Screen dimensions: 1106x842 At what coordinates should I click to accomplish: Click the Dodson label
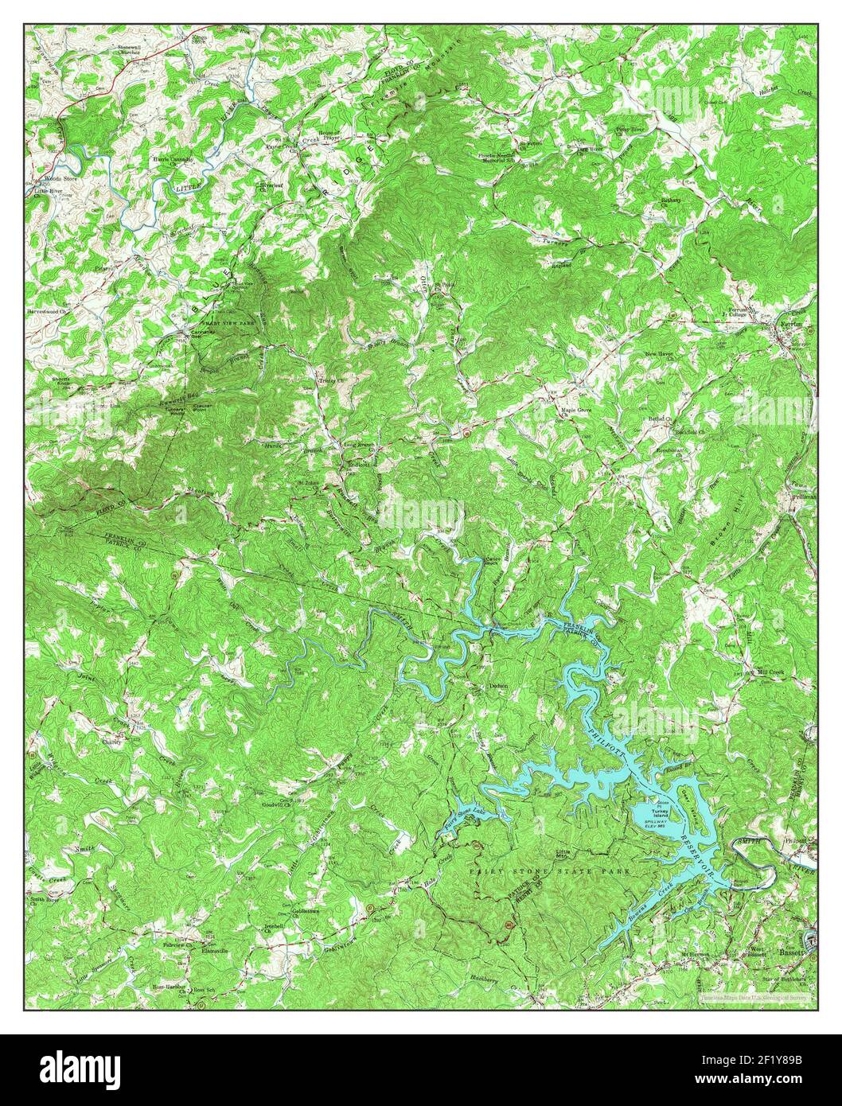[x=498, y=685]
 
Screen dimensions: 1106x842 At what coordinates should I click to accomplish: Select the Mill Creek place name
[x=770, y=672]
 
